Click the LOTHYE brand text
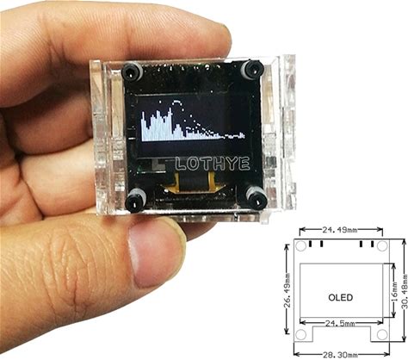point(213,164)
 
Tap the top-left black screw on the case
point(132,71)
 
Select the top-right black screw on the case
point(252,69)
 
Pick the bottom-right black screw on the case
point(257,198)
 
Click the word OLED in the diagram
point(340,297)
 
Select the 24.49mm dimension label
point(340,229)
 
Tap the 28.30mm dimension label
point(341,355)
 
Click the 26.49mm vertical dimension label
point(287,290)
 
